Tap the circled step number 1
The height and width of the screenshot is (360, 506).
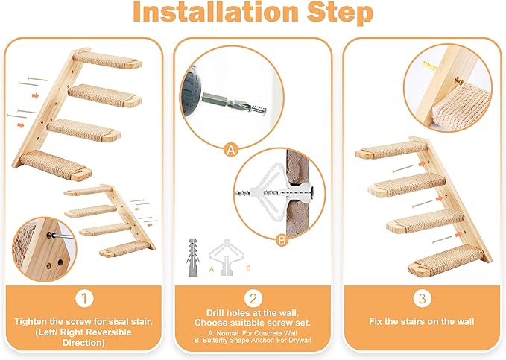(84, 299)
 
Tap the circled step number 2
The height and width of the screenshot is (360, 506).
(253, 299)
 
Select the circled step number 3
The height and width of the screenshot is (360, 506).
(422, 299)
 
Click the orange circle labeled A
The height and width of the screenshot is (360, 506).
(231, 151)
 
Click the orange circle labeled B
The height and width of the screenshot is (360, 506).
(281, 240)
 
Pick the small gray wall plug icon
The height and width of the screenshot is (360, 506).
(189, 253)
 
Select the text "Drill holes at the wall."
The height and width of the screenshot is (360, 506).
(253, 313)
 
